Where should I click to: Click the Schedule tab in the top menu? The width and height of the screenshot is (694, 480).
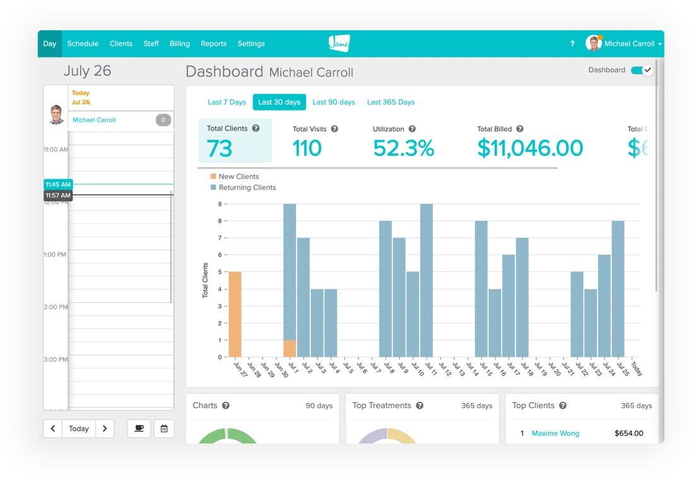click(83, 44)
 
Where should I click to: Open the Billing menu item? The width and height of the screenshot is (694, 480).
click(180, 44)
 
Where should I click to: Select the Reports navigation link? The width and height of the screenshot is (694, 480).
click(213, 44)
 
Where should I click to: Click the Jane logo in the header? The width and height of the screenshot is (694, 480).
click(339, 43)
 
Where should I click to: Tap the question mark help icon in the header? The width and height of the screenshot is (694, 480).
click(572, 44)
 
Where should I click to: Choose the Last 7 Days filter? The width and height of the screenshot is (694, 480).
click(226, 102)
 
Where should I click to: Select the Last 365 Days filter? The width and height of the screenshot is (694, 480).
click(391, 102)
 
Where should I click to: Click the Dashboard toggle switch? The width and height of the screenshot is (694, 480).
click(642, 70)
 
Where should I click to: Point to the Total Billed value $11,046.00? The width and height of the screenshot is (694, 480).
click(530, 148)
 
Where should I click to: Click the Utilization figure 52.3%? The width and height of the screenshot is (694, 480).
click(404, 148)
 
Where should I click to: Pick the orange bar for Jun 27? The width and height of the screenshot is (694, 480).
click(235, 314)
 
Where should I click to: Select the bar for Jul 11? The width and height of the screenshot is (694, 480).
click(426, 281)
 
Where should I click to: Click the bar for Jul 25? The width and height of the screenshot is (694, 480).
click(618, 289)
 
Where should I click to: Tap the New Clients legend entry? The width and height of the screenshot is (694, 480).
click(238, 177)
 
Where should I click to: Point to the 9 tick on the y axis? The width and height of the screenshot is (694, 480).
click(220, 204)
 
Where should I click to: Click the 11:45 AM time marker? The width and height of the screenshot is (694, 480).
click(58, 184)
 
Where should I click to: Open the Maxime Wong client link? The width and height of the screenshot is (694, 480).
click(555, 433)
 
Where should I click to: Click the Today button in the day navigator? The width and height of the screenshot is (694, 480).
click(79, 429)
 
